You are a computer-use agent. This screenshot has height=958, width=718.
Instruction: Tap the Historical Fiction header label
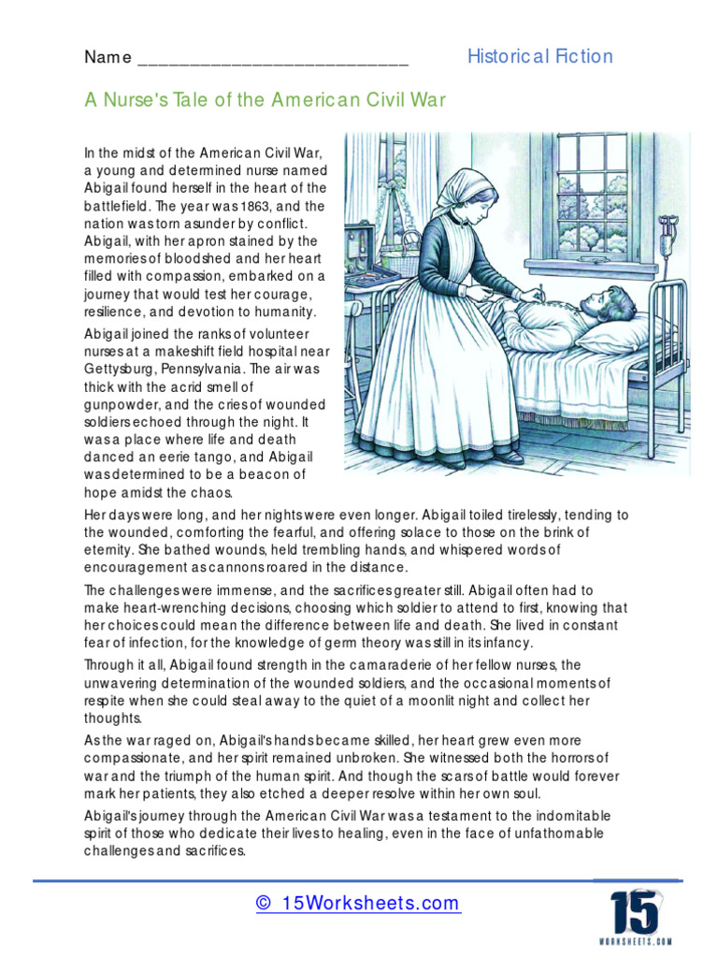pos(539,56)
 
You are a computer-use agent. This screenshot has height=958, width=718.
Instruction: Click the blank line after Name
pos(273,59)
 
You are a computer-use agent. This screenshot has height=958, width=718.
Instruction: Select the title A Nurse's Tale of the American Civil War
pos(265,100)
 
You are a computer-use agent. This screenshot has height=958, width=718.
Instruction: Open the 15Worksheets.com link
pos(358,903)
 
